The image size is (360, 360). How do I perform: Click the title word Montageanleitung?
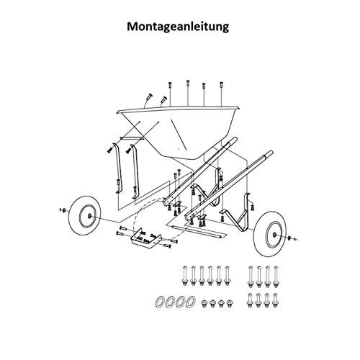(x=178, y=27)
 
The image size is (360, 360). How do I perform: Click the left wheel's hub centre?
(x=89, y=216)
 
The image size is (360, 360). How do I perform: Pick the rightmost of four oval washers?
(x=191, y=302)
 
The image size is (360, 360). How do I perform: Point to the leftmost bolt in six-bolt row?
(x=185, y=276)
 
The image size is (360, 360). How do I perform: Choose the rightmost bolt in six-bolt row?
(x=227, y=276)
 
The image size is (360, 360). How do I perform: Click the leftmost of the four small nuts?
(x=204, y=304)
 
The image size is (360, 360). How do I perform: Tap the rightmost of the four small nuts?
(x=230, y=304)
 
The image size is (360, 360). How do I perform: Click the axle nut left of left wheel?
(x=64, y=210)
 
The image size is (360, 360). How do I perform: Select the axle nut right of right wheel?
(x=289, y=238)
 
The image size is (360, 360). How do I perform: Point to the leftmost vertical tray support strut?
(x=117, y=168)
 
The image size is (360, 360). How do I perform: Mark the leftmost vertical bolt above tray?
(x=170, y=86)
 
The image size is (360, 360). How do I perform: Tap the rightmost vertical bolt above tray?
(x=221, y=86)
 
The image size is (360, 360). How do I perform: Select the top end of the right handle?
(x=271, y=153)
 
